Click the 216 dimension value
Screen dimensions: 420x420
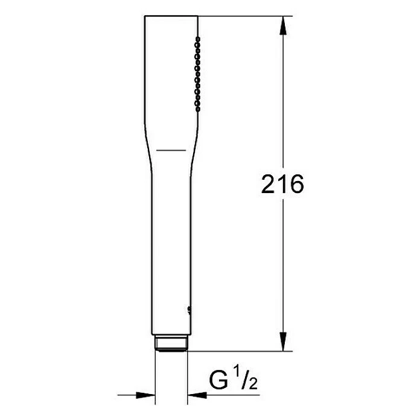[x=282, y=185]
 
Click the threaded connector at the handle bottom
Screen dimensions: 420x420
[x=172, y=344]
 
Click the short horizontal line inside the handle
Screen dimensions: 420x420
[x=171, y=148]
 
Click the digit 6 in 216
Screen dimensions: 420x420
[x=296, y=185]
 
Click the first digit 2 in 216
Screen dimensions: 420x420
[x=268, y=185]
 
